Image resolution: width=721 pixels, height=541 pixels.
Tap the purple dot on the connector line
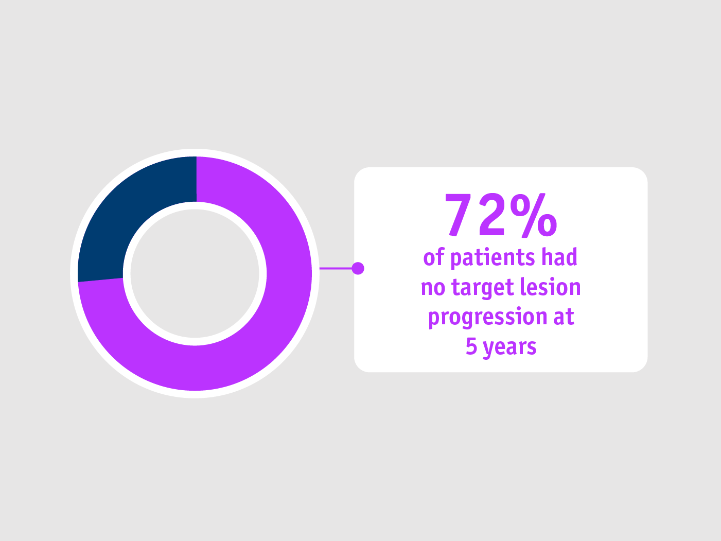click(x=358, y=268)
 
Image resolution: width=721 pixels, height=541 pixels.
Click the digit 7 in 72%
click(x=458, y=215)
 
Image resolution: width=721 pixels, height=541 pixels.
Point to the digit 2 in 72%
click(x=491, y=215)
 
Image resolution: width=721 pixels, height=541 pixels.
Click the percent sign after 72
click(x=534, y=215)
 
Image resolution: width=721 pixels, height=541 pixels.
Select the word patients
click(x=493, y=258)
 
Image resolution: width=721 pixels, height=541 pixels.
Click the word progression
click(x=488, y=318)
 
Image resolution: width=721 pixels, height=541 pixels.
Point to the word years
click(x=510, y=348)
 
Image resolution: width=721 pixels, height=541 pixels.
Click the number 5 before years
click(x=471, y=346)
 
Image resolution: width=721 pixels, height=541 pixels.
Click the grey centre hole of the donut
click(x=195, y=274)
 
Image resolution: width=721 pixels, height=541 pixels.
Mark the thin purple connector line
click(x=336, y=268)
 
